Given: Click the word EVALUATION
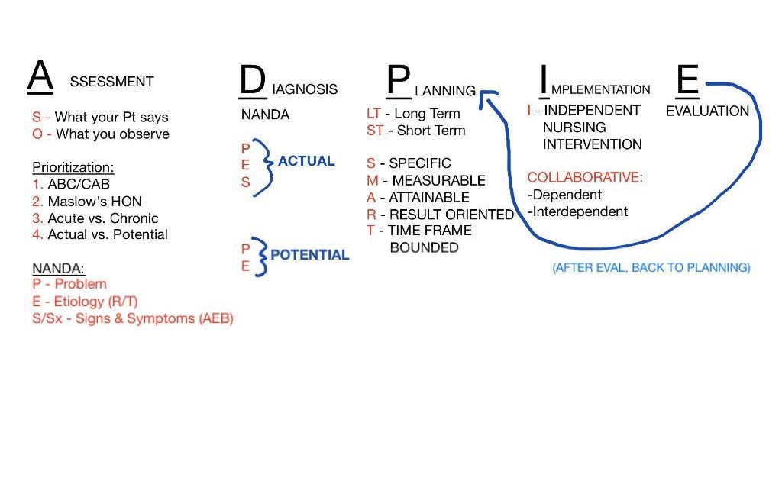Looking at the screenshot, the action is [707, 111].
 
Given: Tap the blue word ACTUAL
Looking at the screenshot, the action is [306, 161].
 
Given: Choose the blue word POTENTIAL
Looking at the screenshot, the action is [310, 255].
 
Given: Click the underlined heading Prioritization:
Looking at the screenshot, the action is [73, 167].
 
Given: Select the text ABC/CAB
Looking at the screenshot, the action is [79, 184].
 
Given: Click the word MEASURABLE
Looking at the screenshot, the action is [439, 180].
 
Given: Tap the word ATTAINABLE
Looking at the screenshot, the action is [429, 198].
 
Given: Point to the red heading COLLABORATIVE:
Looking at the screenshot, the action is [585, 177].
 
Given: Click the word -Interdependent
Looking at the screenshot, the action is [577, 211].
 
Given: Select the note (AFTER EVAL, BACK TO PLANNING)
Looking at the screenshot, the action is [651, 268].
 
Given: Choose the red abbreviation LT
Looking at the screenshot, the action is [373, 114].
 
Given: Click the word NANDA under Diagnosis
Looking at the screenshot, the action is [265, 115].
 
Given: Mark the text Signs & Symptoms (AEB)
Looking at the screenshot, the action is [154, 318].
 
